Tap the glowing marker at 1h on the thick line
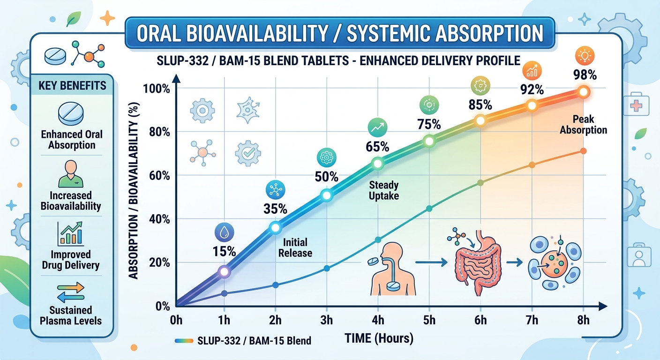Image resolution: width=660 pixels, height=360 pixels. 224,271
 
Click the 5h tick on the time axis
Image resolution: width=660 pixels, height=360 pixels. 429,320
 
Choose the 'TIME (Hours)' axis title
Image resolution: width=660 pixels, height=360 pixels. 379,338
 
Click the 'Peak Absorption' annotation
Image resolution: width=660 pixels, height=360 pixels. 583,125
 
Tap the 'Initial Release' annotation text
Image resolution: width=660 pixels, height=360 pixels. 295,247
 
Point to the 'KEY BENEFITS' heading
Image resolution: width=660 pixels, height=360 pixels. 72,86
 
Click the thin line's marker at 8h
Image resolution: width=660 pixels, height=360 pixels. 583,151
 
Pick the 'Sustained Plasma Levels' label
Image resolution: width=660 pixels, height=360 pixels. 72,315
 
